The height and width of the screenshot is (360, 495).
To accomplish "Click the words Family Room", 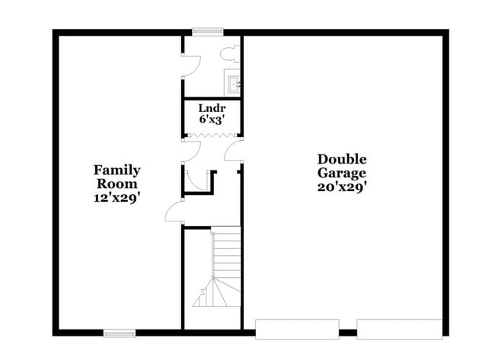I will pos(117,177).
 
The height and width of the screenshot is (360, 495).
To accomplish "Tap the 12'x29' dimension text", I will pos(117,196).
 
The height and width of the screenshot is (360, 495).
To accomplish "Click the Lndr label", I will pos(211,108).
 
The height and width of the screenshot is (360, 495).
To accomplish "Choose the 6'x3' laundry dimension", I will pos(211,119).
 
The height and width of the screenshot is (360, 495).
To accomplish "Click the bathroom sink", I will pos(232,82).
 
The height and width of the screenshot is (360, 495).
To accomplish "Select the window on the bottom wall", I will pos(120,333).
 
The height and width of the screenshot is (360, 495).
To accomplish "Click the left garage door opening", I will pos(297,329).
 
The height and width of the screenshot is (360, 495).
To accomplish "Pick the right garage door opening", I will pos(398,329).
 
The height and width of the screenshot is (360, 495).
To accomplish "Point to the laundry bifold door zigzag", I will pos(211,135).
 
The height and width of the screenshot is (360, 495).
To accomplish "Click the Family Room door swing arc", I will pos(173,212).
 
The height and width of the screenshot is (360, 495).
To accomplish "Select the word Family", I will pos(117,170).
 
